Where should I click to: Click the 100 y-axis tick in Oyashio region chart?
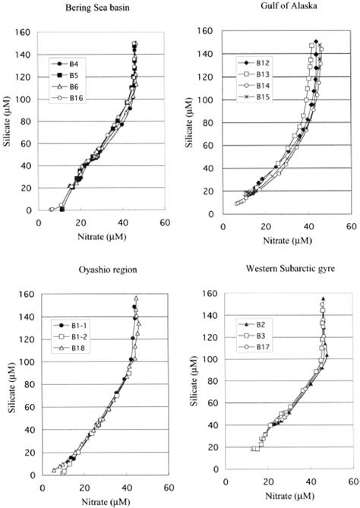(x=27, y=360)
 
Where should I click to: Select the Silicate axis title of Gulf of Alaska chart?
(x=200, y=125)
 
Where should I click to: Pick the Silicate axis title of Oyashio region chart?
(x=10, y=387)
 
